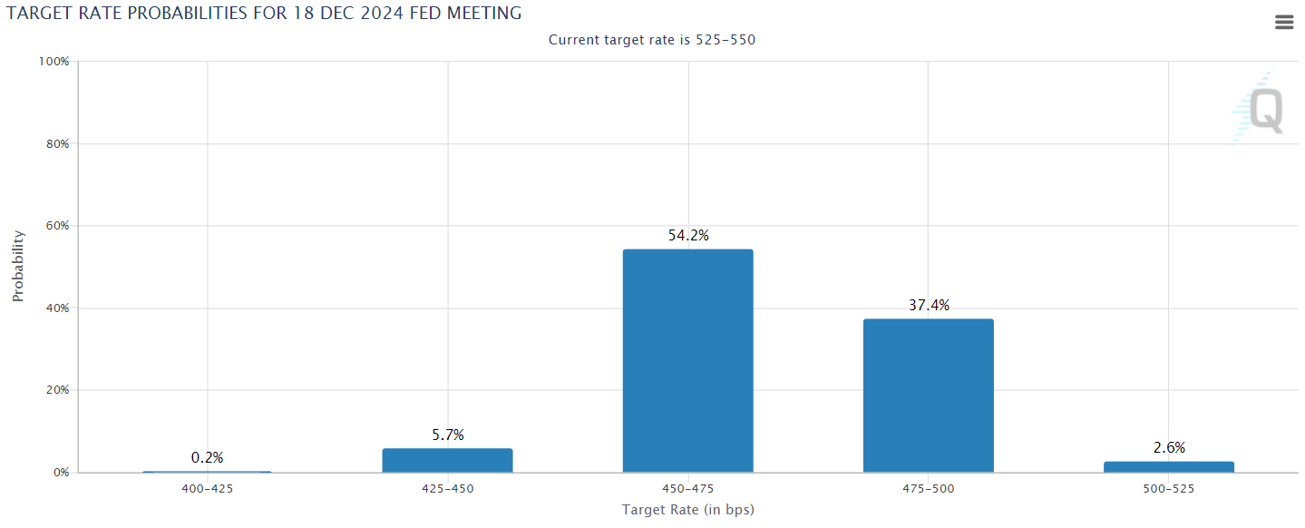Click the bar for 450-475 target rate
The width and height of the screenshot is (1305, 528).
click(x=687, y=361)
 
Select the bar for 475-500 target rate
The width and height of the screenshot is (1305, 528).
click(x=928, y=396)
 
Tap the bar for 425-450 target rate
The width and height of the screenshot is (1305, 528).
click(x=447, y=461)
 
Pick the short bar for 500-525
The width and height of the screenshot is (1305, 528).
click(x=1168, y=466)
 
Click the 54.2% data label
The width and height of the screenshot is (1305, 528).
click(x=687, y=236)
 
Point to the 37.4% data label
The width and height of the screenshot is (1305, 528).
click(x=929, y=306)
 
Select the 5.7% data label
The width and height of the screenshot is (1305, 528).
click(x=447, y=435)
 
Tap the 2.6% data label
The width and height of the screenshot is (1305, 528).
click(x=1169, y=448)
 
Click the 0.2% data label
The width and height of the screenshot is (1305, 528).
click(x=207, y=458)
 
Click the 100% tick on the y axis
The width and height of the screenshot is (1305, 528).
click(x=54, y=62)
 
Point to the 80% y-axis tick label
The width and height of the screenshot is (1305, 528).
click(x=56, y=144)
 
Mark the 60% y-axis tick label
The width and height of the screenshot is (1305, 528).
click(x=56, y=226)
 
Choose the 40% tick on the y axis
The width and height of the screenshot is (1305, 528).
click(x=56, y=308)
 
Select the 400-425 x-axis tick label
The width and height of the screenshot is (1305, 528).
click(x=207, y=489)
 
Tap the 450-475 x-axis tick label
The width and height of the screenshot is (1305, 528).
click(x=687, y=489)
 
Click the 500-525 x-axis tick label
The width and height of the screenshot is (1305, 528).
click(x=1168, y=489)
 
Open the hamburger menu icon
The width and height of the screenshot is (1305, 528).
click(x=1284, y=23)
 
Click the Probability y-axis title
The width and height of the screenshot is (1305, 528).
click(x=18, y=266)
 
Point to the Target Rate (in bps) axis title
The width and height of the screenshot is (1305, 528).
click(x=687, y=510)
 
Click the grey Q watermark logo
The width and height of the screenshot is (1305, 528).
click(x=1264, y=111)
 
